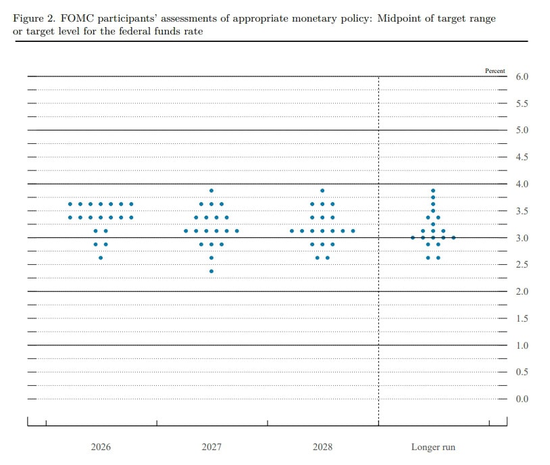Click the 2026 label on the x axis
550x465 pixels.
(101, 447)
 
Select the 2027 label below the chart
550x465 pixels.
(211, 447)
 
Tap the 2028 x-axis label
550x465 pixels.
(322, 447)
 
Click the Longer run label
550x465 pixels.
(433, 447)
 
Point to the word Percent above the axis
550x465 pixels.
(495, 70)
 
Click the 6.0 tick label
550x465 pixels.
(522, 77)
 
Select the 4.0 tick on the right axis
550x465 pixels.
(522, 185)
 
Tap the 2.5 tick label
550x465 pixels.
(522, 265)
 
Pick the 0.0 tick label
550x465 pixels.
(522, 399)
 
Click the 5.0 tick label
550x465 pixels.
(522, 130)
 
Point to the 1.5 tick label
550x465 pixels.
(522, 318)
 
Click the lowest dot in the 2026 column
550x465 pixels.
(101, 258)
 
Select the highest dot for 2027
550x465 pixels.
(211, 191)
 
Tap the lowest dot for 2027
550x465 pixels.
(211, 271)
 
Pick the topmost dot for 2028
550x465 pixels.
(322, 191)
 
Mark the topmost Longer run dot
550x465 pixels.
(433, 191)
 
